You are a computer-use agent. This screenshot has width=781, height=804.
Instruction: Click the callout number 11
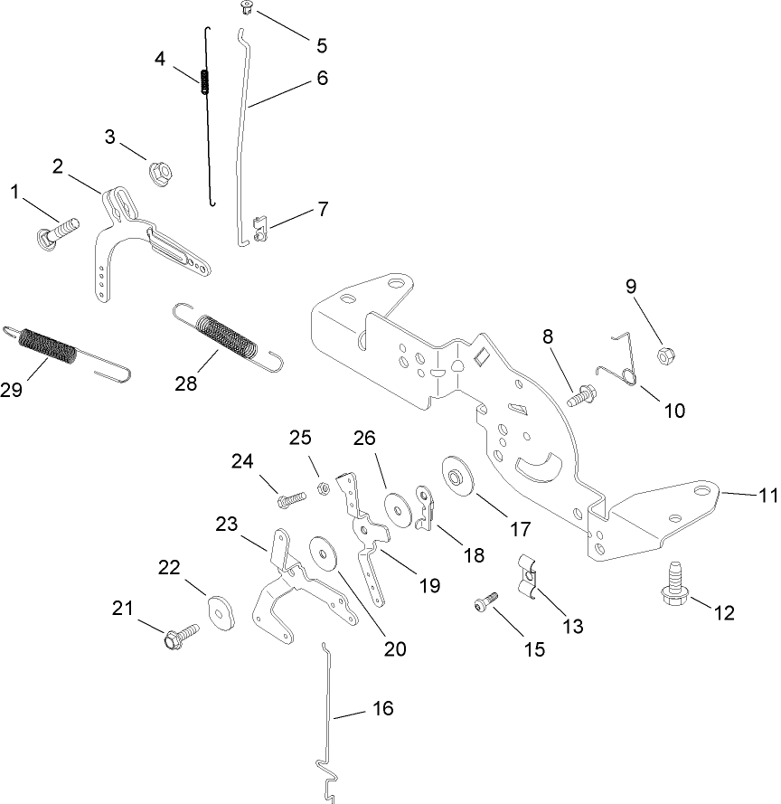tap(767, 495)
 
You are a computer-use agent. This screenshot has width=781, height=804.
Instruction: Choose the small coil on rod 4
tap(204, 81)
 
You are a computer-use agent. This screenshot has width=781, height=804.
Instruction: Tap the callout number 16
tap(382, 708)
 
